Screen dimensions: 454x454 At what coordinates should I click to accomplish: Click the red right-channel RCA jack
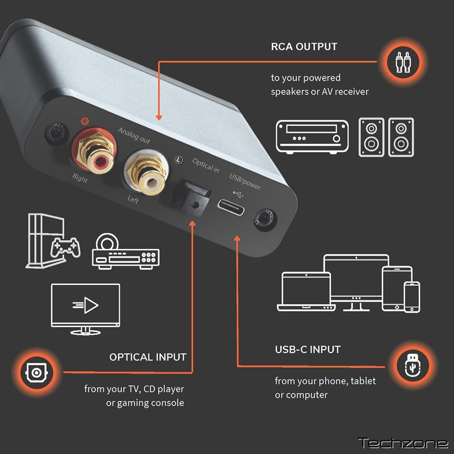tap(94, 150)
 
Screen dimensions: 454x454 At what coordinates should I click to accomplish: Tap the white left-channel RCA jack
tap(146, 173)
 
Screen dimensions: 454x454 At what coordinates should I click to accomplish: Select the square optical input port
tap(190, 198)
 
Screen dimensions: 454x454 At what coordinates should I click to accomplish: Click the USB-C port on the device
tap(231, 207)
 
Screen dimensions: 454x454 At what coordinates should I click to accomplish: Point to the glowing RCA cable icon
tap(403, 62)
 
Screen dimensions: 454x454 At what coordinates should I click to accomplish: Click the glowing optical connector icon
tap(36, 372)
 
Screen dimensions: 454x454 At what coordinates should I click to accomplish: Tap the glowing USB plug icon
tap(413, 366)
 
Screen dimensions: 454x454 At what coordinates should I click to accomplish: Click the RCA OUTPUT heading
tap(304, 47)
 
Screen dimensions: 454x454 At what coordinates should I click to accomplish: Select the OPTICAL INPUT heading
tap(148, 357)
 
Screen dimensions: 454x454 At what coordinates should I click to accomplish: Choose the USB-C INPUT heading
tap(308, 350)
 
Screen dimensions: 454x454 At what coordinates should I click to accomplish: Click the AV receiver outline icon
tap(312, 137)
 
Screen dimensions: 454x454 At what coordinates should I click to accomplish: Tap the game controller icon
tap(66, 247)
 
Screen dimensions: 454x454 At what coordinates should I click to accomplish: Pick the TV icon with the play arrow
tap(86, 309)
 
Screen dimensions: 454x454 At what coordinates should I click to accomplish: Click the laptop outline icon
tap(306, 292)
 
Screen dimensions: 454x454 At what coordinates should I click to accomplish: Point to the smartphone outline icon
tap(412, 297)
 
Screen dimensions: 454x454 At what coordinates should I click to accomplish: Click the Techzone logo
tap(403, 443)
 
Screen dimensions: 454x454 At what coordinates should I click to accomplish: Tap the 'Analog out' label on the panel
tap(134, 136)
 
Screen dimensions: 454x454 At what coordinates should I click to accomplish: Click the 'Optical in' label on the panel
tap(206, 165)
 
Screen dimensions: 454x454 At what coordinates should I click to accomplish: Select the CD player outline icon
tap(125, 251)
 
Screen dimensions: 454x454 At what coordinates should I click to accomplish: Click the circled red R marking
tap(84, 121)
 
